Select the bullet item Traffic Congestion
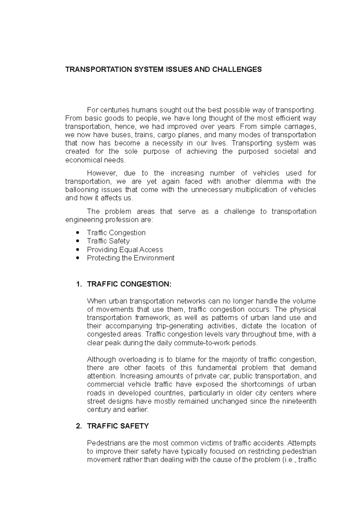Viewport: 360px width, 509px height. coord(116,233)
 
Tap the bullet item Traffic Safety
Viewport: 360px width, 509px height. coord(108,241)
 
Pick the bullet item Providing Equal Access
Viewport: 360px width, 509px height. coord(125,249)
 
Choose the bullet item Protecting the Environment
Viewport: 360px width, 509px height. coord(130,258)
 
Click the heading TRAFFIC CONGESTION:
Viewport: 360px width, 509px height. coord(129,284)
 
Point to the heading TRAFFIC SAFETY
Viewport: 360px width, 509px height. coord(118,426)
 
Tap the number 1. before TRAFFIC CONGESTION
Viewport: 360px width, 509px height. coord(79,284)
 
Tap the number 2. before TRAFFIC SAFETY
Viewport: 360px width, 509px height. coord(79,426)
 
